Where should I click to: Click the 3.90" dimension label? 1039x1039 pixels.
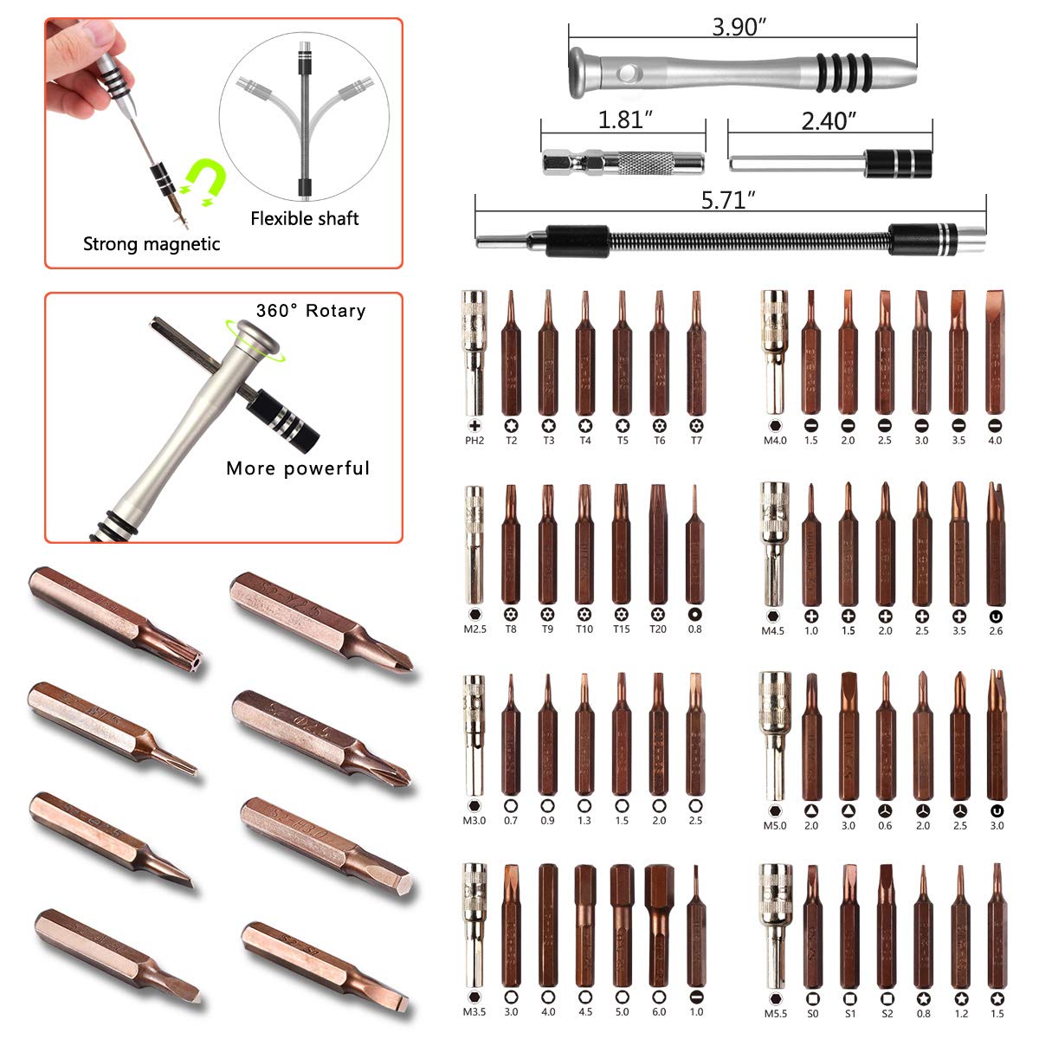point(740,27)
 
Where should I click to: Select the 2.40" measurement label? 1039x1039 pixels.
point(829,120)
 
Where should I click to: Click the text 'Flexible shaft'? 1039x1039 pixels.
point(305,218)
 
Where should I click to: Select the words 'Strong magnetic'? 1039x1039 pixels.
point(152,244)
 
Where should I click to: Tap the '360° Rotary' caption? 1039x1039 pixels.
point(311,311)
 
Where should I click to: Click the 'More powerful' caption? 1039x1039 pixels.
point(298,468)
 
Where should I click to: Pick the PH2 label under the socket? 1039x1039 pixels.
point(474,441)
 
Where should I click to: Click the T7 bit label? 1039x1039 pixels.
point(696,441)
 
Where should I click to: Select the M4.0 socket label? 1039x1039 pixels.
point(774,441)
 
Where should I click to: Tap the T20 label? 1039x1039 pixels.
point(658,629)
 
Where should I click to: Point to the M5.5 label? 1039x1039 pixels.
point(774,1013)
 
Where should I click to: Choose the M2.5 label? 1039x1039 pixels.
point(474,629)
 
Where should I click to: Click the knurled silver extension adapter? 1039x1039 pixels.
point(623,162)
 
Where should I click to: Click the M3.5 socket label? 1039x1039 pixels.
point(474,1012)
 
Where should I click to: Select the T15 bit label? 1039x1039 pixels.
point(621,629)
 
